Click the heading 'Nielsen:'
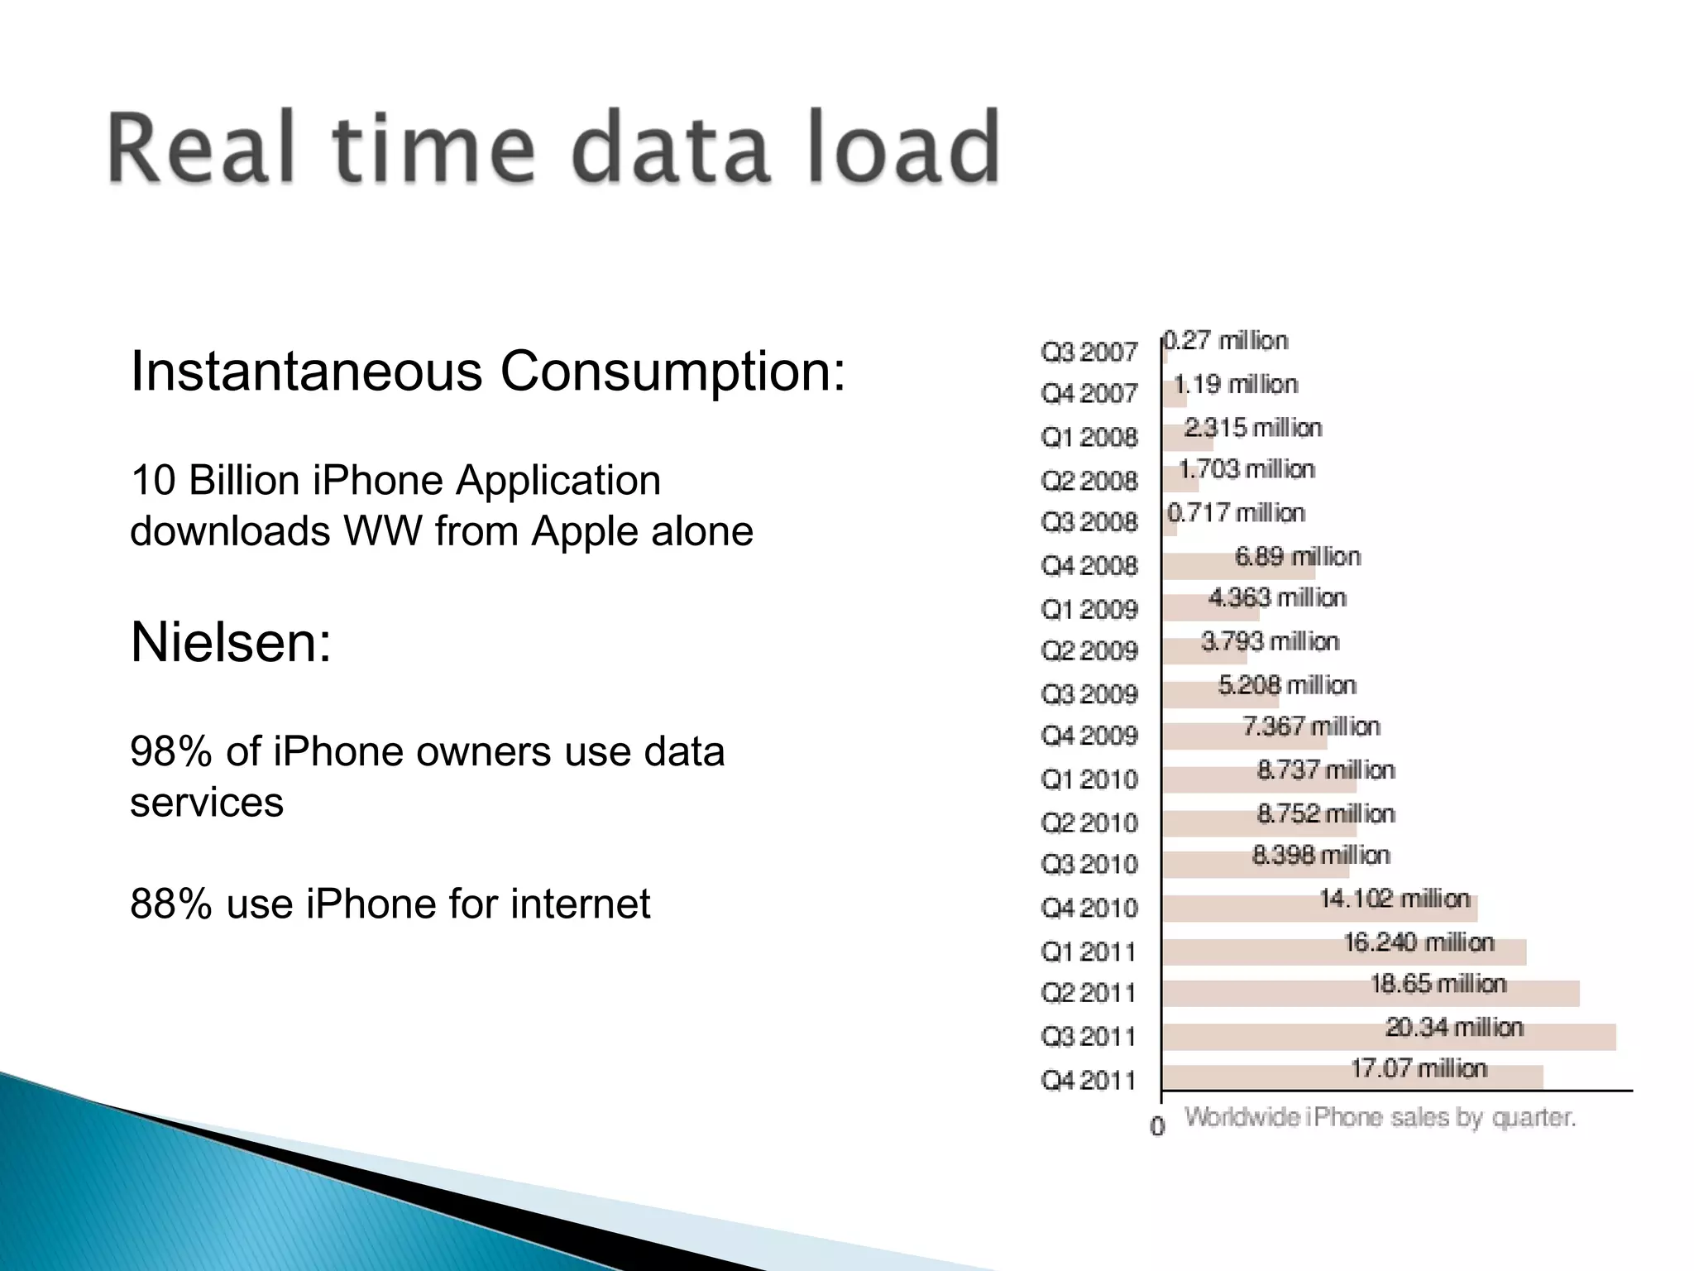point(231,642)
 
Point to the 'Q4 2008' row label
point(1089,566)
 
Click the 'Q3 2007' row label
point(1089,353)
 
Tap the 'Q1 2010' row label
point(1089,779)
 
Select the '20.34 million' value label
point(1454,1027)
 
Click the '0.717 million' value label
point(1236,513)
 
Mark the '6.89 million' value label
point(1297,556)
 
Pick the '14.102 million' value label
point(1395,899)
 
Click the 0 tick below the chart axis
point(1157,1126)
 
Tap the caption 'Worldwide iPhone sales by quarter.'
point(1380,1118)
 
